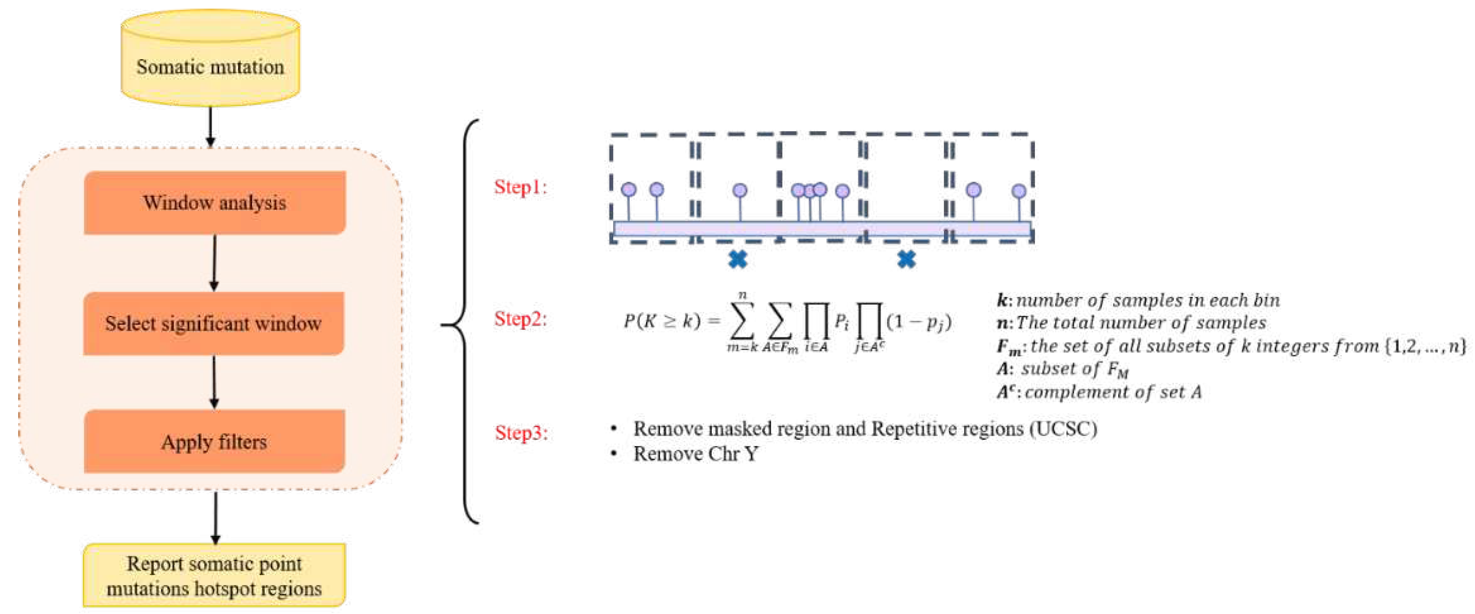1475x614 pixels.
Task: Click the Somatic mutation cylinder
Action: (x=210, y=60)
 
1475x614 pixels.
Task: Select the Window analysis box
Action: (x=215, y=203)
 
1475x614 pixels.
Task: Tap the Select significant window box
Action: (x=214, y=324)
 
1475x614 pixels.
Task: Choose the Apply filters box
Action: (x=214, y=441)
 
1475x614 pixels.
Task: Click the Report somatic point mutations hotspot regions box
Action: (x=214, y=575)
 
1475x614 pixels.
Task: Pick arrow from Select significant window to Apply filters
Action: (x=214, y=382)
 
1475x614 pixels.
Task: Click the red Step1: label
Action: (x=520, y=187)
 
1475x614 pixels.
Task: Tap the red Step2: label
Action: (x=520, y=318)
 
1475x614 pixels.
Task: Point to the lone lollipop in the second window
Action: (x=740, y=190)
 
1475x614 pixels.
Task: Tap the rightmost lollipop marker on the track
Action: (x=1018, y=191)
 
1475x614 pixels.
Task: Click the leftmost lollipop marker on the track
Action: (x=629, y=189)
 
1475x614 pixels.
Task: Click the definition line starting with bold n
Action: (x=1131, y=323)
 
